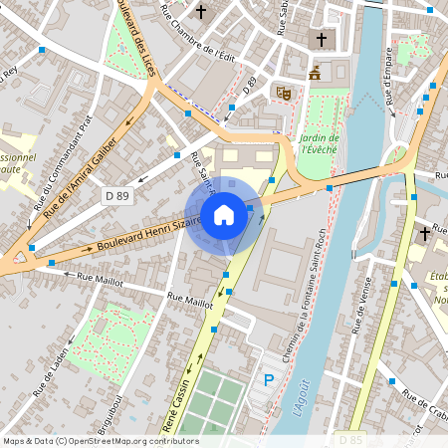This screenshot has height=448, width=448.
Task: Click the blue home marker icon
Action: (x=224, y=214)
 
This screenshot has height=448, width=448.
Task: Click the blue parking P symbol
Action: (x=268, y=379)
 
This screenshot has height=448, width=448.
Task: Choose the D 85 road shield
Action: (x=349, y=439)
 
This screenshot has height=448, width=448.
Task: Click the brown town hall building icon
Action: (x=316, y=73)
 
